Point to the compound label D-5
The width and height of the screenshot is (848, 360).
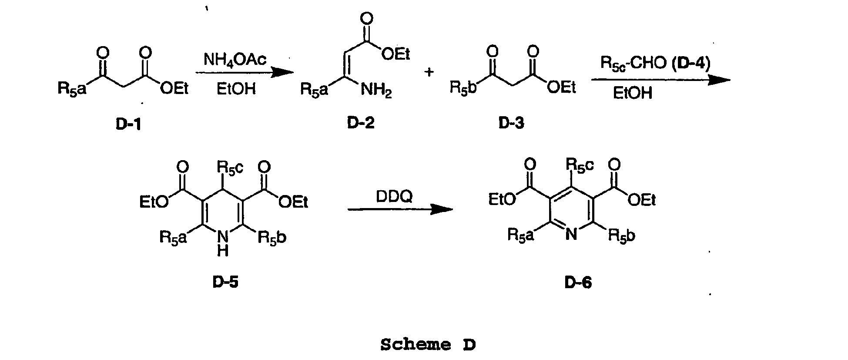225,283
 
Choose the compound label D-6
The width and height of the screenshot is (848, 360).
578,283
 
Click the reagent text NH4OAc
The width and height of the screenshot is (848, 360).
235,60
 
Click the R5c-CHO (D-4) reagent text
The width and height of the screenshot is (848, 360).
655,64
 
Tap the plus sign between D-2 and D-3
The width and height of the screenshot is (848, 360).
429,72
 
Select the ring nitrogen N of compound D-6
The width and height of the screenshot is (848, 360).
572,235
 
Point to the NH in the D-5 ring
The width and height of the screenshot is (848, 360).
223,244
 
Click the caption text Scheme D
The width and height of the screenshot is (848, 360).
428,345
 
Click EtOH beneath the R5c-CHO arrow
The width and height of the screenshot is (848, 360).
633,93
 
